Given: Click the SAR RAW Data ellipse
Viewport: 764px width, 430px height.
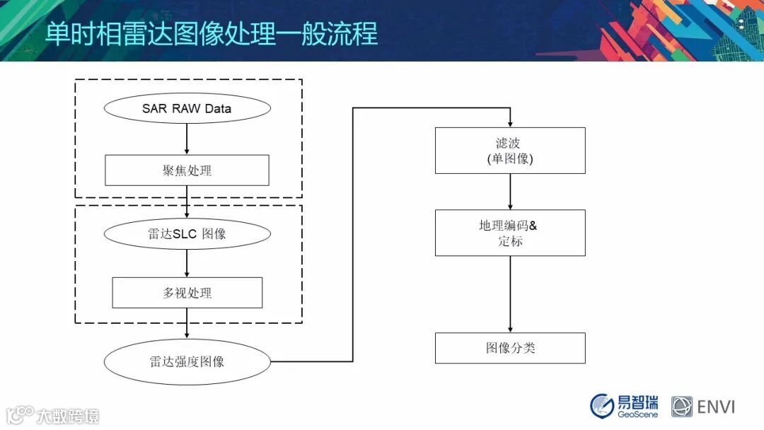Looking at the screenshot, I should tap(187, 109).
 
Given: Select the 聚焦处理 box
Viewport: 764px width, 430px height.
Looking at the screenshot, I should tap(187, 170).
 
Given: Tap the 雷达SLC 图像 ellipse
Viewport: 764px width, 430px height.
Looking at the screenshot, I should tap(187, 234).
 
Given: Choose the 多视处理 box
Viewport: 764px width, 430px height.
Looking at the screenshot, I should tap(187, 292).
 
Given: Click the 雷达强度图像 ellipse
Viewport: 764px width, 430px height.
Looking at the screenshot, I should tap(187, 361).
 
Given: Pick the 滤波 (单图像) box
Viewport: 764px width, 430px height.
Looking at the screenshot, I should tap(510, 151).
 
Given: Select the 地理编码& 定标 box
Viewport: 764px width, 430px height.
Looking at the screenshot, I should tap(510, 233).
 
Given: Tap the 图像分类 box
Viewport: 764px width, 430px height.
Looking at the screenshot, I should tap(510, 348).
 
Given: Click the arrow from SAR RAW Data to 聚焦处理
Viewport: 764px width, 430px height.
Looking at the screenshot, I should tap(187, 139).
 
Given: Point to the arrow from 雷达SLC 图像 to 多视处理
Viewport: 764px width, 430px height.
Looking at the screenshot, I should tap(187, 263).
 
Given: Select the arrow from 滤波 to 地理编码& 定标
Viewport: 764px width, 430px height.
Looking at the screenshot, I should tap(510, 192).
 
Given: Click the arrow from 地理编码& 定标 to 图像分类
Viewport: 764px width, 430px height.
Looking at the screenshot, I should tap(510, 294).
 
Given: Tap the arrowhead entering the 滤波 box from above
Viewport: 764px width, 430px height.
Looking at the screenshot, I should tap(510, 123).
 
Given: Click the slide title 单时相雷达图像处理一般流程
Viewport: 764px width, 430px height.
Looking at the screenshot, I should tap(212, 33).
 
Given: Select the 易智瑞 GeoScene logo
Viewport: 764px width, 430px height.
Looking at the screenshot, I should tap(624, 405).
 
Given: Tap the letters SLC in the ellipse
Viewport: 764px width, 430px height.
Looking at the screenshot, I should tap(186, 234).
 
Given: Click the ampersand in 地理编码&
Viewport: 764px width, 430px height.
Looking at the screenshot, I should tap(533, 226).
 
